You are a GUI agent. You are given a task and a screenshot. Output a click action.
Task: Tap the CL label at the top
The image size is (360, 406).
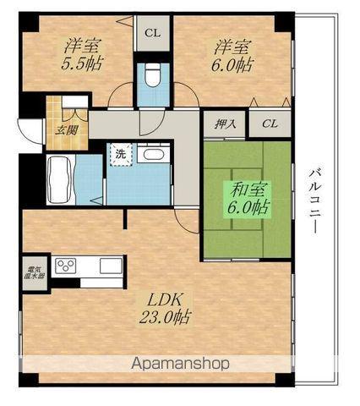click(152, 34)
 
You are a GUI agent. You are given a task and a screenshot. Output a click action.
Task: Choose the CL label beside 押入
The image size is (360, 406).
click(270, 123)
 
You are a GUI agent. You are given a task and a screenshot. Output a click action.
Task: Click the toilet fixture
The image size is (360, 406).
click(153, 75)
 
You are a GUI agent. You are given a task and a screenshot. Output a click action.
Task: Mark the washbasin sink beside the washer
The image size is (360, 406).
click(152, 156)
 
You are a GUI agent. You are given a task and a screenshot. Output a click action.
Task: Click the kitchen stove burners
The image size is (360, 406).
click(66, 266)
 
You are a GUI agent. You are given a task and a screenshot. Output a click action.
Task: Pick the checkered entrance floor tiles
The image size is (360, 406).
click(59, 113)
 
